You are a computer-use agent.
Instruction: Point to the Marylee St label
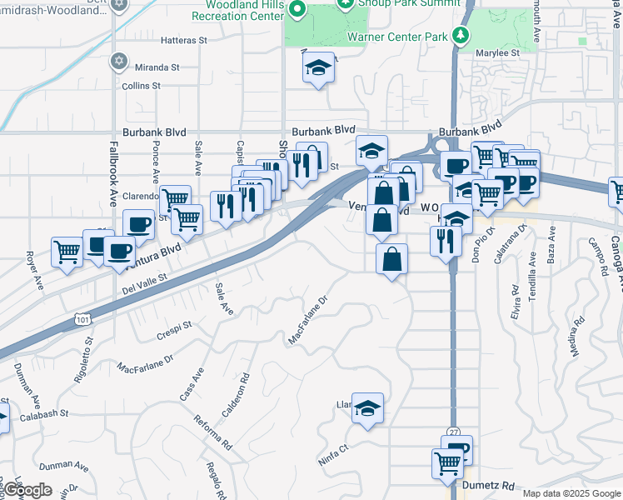pos(497,52)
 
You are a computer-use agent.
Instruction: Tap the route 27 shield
pos(453,432)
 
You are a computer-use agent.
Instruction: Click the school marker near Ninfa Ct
pos(367,407)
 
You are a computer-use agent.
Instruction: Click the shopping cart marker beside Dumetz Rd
pos(447,462)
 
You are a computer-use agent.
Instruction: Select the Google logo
pos(27,490)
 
